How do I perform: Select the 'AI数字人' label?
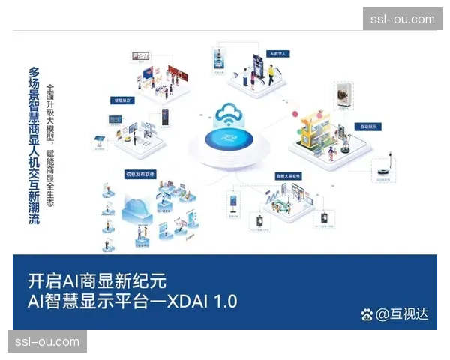278,54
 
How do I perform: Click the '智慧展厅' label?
121,99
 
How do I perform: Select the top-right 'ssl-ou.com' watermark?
402,19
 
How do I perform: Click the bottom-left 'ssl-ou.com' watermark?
47,342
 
